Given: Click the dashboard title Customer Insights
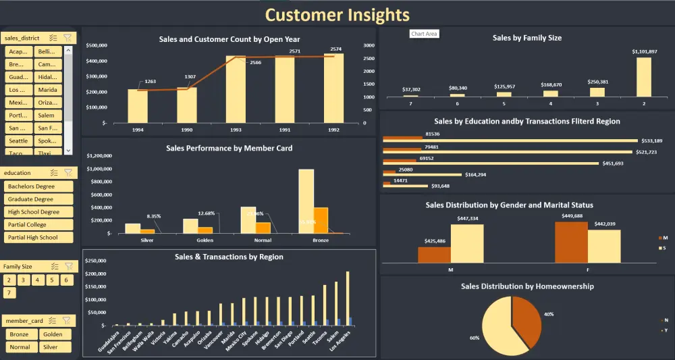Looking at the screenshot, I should tap(337, 14).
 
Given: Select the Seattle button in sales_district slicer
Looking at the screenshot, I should tap(19, 140).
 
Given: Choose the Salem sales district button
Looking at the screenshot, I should tap(48, 115).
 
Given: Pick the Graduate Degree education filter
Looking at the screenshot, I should tap(38, 199).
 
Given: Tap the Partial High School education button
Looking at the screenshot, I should tap(38, 238).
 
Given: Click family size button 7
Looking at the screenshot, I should tap(9, 293).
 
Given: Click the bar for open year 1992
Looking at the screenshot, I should tap(333, 88).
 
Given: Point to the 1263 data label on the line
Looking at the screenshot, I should tap(150, 82).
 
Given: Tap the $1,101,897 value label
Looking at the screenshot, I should tap(644, 51).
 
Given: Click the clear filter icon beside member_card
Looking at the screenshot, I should tap(67, 321).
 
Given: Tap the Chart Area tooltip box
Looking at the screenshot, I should tap(425, 34).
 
